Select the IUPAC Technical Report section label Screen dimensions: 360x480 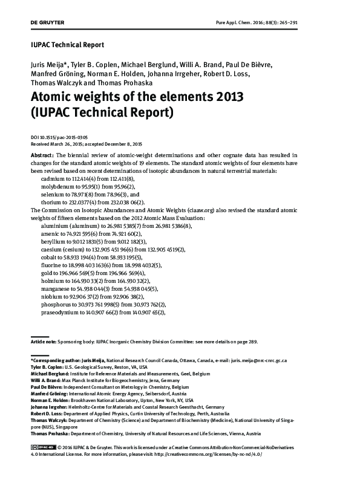tap(67, 45)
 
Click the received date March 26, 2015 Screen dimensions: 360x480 tap(71, 144)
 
